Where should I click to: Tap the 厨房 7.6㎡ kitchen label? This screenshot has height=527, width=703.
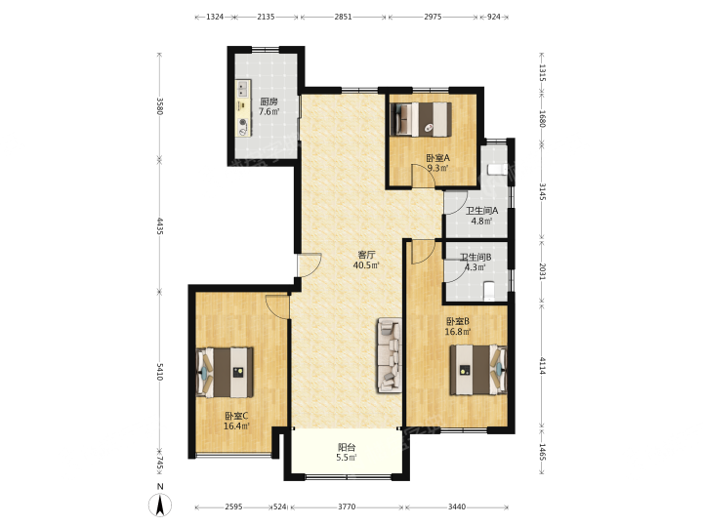point(269,106)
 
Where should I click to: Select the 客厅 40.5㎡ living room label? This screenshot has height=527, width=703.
point(366,260)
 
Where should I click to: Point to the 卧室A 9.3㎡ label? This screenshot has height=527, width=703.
point(437,163)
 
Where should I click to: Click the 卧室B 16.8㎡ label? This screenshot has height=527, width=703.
point(458,327)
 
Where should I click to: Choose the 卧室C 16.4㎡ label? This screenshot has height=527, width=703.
point(236,421)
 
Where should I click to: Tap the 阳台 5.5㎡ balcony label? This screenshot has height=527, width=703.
point(347,452)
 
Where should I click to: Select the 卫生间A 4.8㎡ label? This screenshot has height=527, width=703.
point(482,216)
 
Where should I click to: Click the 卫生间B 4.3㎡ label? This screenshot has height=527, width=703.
point(476,263)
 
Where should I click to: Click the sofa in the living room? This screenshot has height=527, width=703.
point(390,355)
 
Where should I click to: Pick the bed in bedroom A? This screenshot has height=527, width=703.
point(421,119)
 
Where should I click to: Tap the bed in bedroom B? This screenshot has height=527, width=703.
point(477,370)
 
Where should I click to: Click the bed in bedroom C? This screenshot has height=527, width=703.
point(226,373)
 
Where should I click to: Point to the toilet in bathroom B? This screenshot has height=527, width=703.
point(489,291)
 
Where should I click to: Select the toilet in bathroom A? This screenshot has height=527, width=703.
point(497,170)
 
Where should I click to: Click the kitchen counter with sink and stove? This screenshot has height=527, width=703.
point(243,108)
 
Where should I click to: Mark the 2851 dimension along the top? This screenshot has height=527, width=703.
point(343,17)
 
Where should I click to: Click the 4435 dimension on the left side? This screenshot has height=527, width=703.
point(159,225)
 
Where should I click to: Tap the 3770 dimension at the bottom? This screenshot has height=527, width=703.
point(347,507)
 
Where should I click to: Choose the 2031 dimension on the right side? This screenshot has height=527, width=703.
point(542,271)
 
